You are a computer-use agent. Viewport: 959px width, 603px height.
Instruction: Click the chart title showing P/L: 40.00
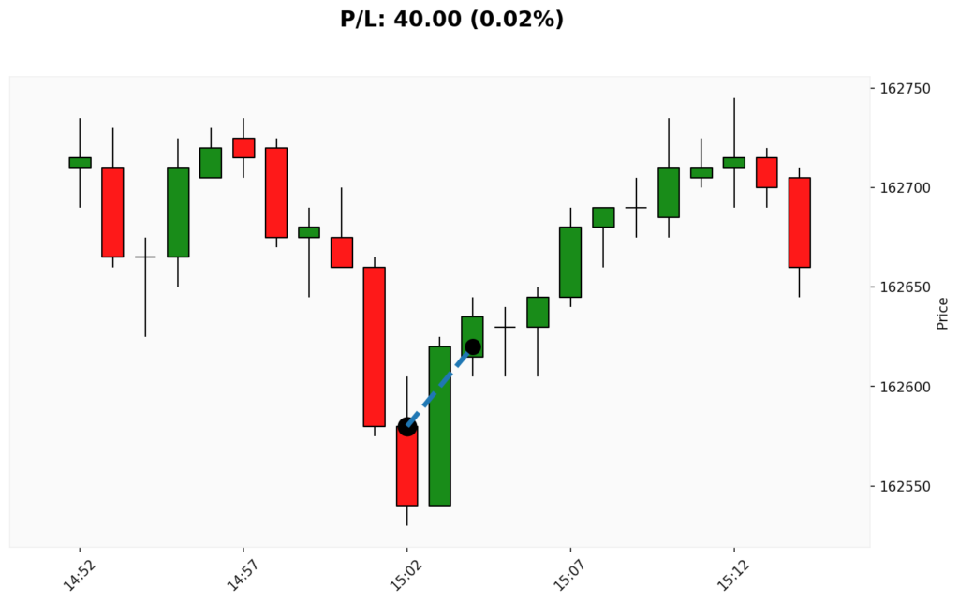[451, 19]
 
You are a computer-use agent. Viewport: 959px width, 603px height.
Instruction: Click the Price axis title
[942, 313]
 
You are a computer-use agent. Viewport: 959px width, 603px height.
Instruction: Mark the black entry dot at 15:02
[407, 427]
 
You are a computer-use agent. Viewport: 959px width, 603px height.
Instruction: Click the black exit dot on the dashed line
[473, 346]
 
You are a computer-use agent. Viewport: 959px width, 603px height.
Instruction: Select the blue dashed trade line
[440, 387]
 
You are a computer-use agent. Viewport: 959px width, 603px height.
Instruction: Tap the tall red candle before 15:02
[375, 346]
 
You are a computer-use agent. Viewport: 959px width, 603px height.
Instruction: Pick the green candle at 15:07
[570, 262]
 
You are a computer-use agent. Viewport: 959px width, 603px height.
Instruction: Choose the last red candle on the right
[799, 223]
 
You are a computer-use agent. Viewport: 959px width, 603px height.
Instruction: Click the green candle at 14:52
[80, 162]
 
